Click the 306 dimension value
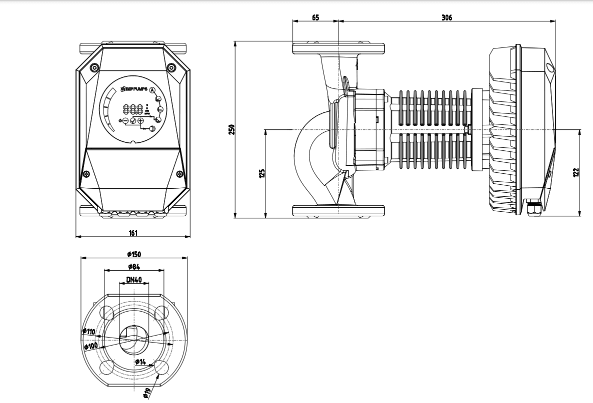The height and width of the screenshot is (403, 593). pos(446,17)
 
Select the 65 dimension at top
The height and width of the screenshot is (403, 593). pos(315,17)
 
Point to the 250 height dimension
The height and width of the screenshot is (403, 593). pos(231,129)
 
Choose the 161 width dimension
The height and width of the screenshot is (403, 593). pos(133,233)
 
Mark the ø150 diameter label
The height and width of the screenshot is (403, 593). pos(134,254)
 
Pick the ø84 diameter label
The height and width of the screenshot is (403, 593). pos(133,267)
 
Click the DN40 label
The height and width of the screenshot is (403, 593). pos(133,280)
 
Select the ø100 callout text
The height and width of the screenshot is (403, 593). pos(90,346)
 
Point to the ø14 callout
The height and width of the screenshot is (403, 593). pos(140,362)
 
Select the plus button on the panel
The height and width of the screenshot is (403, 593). pos(140,121)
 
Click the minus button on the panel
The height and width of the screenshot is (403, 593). pos(125,121)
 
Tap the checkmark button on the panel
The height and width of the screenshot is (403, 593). pos(133,121)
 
